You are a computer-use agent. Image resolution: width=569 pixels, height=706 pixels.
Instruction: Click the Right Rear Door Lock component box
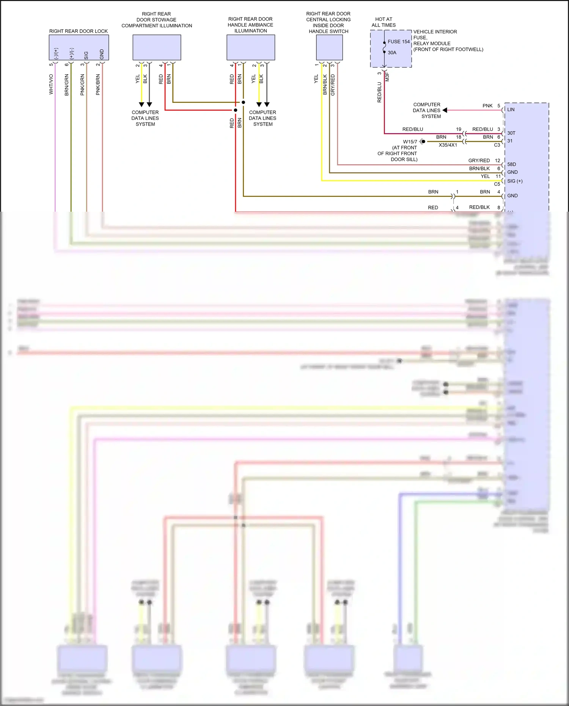79,47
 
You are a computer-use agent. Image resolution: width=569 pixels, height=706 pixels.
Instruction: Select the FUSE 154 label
398,42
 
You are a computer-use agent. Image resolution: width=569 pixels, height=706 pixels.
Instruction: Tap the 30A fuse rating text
392,53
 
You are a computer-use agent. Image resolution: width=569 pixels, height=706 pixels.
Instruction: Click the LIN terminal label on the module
511,110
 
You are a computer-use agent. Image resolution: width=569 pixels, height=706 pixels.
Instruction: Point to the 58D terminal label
511,164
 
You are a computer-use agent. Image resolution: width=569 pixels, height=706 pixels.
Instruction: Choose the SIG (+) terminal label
515,181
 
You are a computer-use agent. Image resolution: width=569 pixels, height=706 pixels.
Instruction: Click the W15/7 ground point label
410,142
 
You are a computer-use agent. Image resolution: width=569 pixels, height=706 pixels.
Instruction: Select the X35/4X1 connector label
448,145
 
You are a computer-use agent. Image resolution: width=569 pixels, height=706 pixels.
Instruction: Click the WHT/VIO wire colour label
51,84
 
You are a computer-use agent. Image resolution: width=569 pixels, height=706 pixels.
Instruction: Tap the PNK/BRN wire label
98,85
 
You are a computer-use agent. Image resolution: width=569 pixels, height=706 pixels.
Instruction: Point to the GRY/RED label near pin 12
479,160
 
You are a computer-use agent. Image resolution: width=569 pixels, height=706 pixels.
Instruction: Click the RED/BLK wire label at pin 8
479,207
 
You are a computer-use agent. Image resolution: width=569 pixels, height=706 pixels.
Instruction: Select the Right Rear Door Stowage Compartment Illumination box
157,47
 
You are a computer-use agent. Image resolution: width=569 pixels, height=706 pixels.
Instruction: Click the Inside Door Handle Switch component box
329,47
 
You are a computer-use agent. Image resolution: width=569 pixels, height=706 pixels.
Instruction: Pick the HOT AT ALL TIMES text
384,22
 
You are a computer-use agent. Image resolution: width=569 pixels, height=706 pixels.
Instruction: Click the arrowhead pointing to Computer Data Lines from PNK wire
445,110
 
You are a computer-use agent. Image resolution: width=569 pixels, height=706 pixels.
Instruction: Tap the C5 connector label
497,184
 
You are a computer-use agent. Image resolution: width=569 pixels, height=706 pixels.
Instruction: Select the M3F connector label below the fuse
387,77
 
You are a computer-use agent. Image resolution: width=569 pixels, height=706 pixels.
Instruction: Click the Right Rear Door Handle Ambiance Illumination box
251,47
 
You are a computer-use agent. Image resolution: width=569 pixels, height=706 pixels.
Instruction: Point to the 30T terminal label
511,133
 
